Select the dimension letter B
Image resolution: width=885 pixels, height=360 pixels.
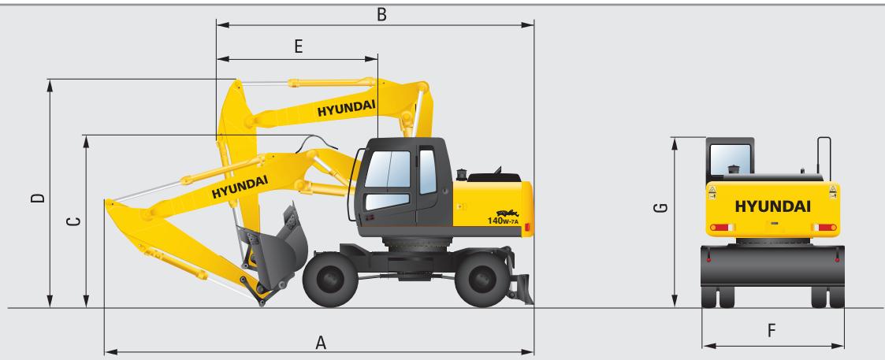(x=381, y=13)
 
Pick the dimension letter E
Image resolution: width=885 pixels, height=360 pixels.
(x=298, y=46)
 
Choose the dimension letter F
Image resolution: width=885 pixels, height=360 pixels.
(x=772, y=331)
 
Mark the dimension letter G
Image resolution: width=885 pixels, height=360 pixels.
(x=663, y=207)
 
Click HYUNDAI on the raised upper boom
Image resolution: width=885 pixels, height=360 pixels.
(x=346, y=109)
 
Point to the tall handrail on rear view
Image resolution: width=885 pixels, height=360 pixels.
(x=824, y=158)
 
